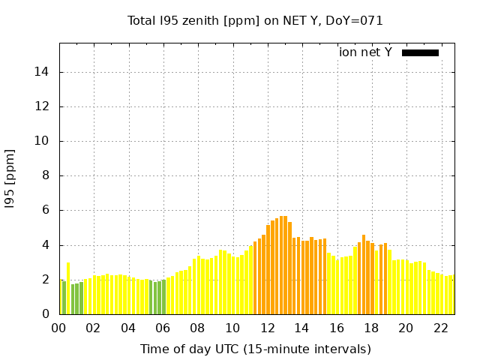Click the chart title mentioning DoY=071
pyautogui.click(x=255, y=20)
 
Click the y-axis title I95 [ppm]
pyautogui.click(x=10, y=178)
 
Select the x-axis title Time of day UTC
pyautogui.click(x=255, y=349)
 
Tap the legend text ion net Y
pyautogui.click(x=365, y=52)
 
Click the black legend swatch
pyautogui.click(x=420, y=52)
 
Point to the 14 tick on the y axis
pyautogui.click(x=44, y=72)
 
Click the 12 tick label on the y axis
pyautogui.click(x=44, y=106)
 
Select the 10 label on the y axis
pyautogui.click(x=44, y=141)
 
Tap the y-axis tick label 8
pyautogui.click(x=47, y=176)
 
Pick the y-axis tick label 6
pyautogui.click(x=47, y=211)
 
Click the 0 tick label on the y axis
pyautogui.click(x=47, y=314)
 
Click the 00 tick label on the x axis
pyautogui.click(x=59, y=328)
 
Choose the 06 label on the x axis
pyautogui.click(x=163, y=328)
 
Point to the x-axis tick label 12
pyautogui.click(x=267, y=328)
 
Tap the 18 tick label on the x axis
pyautogui.click(x=371, y=328)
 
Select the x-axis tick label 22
pyautogui.click(x=440, y=328)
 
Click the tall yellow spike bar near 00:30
pyautogui.click(x=68, y=289)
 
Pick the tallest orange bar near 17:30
pyautogui.click(x=364, y=274)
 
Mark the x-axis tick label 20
pyautogui.click(x=406, y=328)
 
